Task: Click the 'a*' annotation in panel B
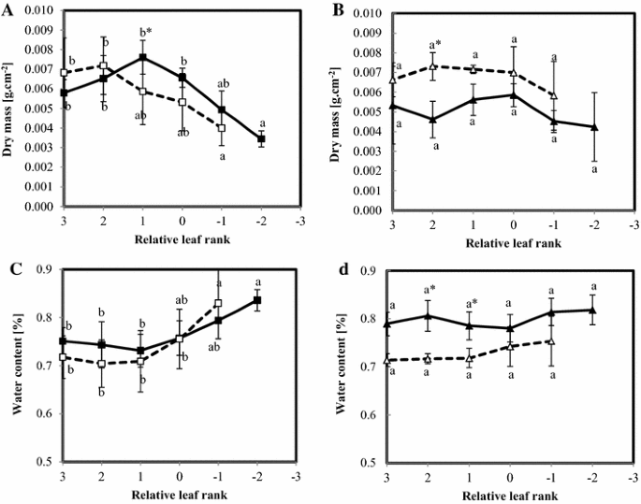433,44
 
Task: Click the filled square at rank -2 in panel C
261,300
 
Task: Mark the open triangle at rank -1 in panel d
553,341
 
